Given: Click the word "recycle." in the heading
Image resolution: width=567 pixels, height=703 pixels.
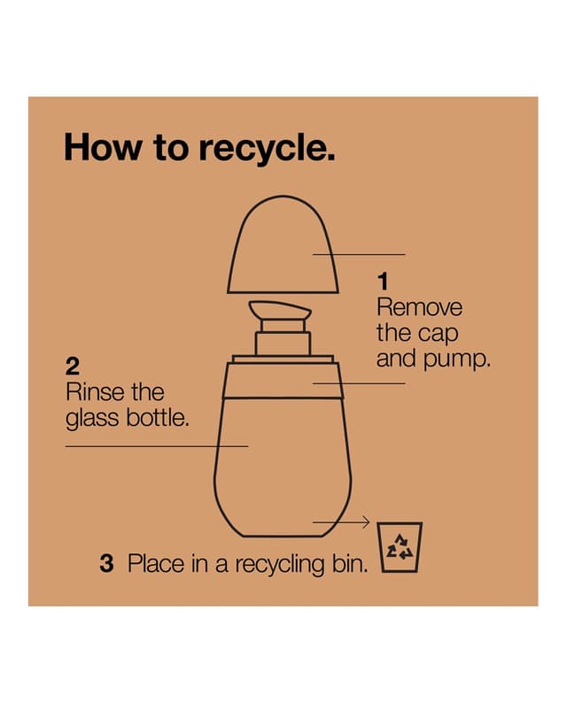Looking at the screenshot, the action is point(267,148).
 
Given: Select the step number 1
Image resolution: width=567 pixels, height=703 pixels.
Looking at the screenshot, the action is point(382,282).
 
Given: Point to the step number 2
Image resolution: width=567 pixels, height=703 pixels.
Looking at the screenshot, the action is point(73,367).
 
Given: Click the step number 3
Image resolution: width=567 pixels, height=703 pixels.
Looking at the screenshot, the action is point(106,564).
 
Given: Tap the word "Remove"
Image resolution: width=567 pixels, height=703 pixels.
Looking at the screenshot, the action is point(419,307).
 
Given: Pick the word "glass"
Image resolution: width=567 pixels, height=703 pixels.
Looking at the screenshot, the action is point(92,419).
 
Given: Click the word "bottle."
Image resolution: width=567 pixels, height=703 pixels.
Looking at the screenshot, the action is point(158,418).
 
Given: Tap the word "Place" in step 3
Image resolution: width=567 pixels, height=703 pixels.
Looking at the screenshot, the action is point(156,564).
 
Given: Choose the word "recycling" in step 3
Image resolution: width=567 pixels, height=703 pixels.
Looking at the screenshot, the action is point(280,565).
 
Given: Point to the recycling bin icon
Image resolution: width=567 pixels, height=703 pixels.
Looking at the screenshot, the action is point(400,547).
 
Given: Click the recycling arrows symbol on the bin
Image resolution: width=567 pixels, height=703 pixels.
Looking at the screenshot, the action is point(400,547).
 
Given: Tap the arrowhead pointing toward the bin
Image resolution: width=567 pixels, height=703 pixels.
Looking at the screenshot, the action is point(366,521).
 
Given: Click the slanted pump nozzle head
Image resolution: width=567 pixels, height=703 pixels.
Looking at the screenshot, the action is point(280,310).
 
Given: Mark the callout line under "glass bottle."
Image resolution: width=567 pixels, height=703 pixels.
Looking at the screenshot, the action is point(157,446).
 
